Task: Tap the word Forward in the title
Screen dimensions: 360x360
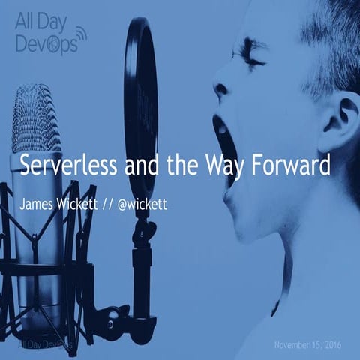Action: coord(289,166)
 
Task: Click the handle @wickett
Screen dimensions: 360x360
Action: coord(136,204)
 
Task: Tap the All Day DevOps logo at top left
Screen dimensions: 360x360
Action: coord(49,34)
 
